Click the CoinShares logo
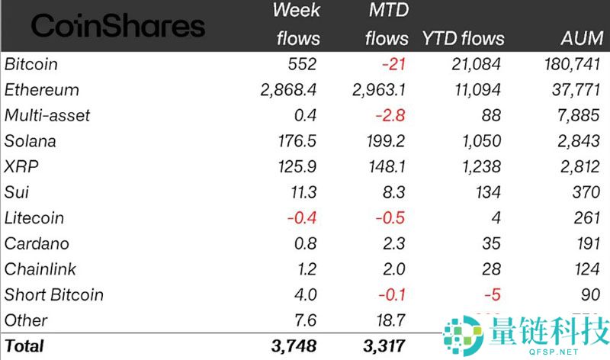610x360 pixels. coord(118,27)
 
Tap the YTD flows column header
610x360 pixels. coord(463,38)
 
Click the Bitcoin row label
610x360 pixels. coord(31,64)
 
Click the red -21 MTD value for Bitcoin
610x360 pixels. coord(394,64)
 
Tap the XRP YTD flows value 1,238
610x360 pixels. coord(480,167)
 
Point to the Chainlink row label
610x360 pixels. coord(37,269)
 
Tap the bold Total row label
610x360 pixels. coord(24,346)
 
